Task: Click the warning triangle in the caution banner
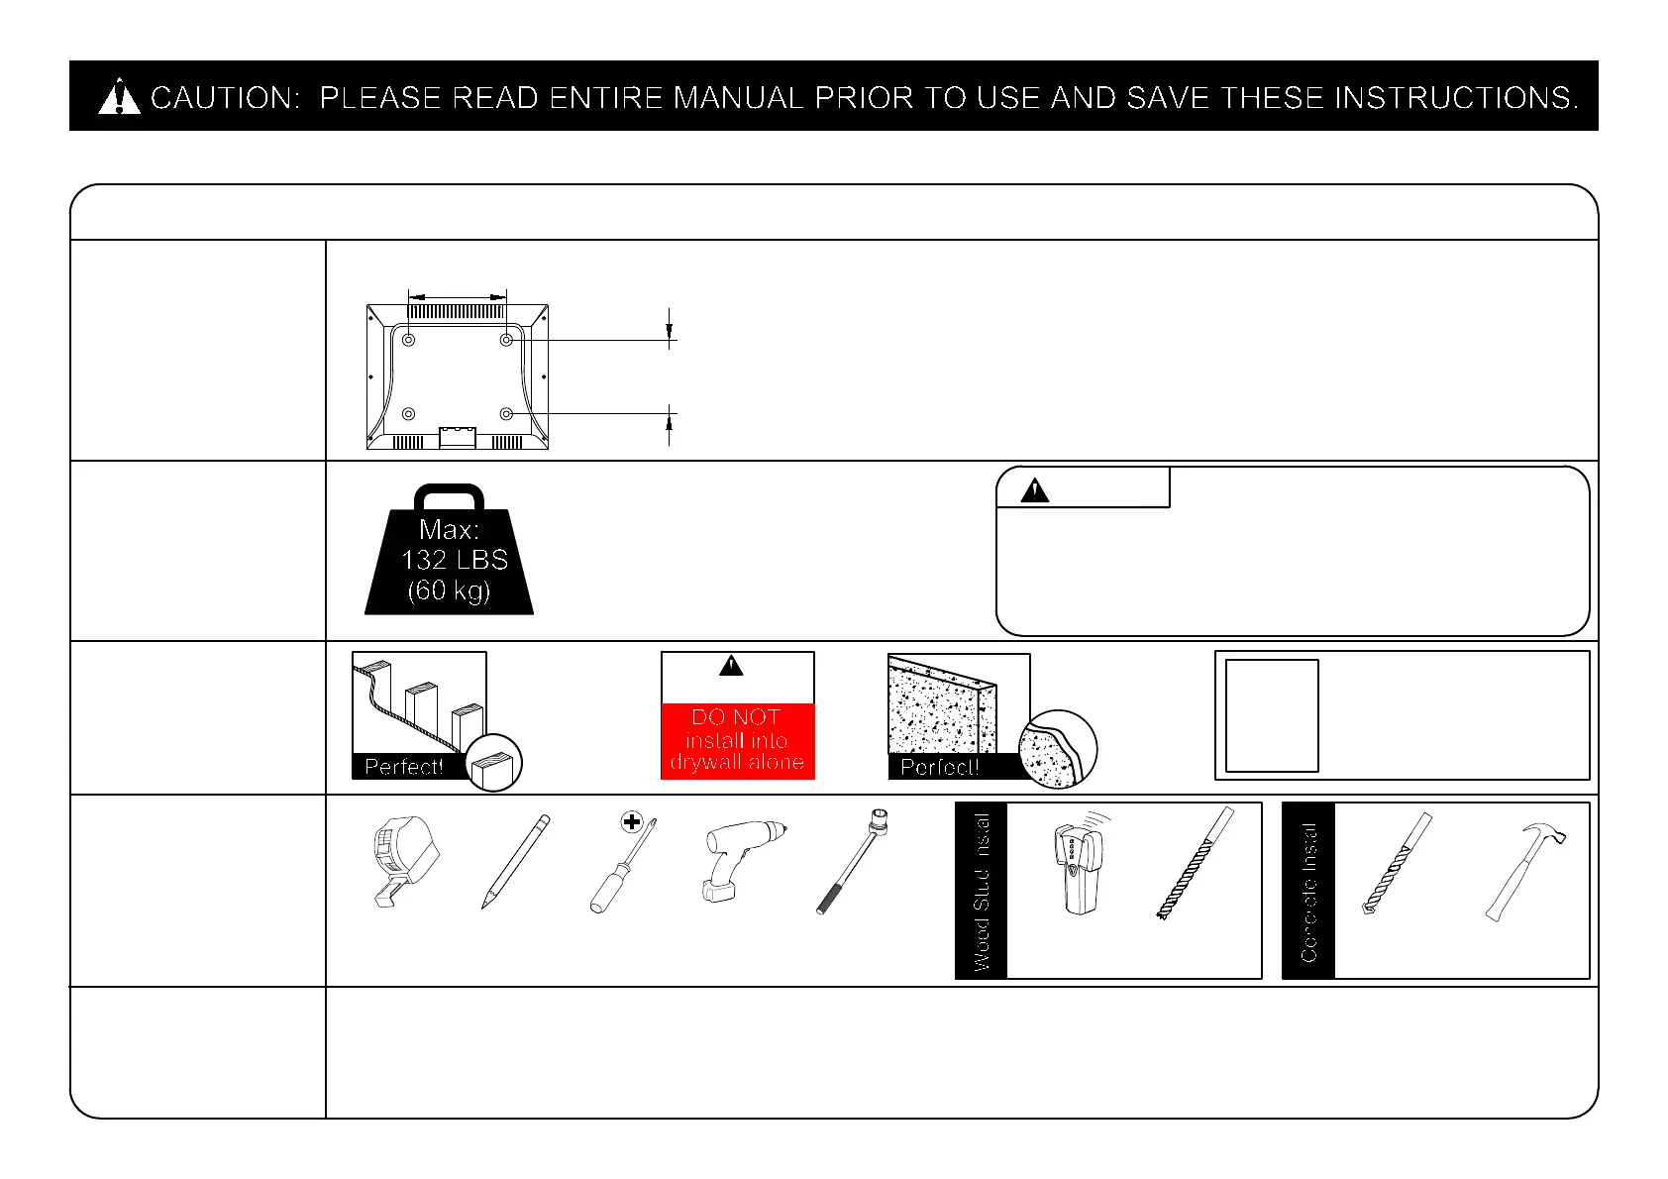120,97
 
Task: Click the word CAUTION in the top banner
224,98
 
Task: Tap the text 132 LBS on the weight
454,560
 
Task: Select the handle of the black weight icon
449,495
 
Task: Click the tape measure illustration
403,860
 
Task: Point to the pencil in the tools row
515,861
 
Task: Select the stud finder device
1079,866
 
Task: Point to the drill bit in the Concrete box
1397,863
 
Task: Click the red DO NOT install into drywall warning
737,740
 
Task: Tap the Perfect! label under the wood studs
403,767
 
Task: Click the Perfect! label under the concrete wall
939,767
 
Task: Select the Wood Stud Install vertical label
982,891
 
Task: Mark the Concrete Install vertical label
1308,891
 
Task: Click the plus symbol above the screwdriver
632,821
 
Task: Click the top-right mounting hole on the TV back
506,340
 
